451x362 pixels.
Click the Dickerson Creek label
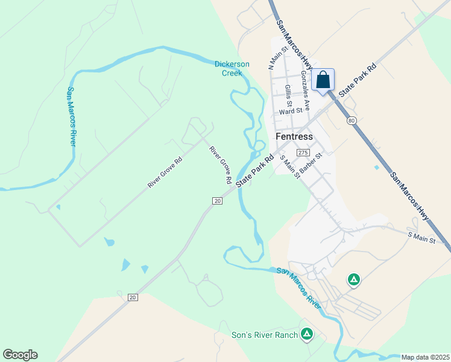[228, 69]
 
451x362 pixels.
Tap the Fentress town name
[294, 137]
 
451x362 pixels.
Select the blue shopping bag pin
[323, 80]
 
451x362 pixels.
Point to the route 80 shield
[352, 121]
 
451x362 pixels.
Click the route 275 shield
[303, 153]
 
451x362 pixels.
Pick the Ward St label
[290, 111]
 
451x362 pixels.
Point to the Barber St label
[312, 162]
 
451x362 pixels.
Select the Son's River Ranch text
[265, 335]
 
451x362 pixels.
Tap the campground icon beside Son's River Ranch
[307, 334]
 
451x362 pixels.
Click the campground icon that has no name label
[354, 279]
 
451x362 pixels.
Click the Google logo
[20, 355]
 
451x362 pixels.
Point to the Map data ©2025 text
[425, 357]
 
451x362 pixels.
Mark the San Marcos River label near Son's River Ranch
[298, 288]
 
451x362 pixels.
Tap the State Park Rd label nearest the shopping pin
[357, 80]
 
